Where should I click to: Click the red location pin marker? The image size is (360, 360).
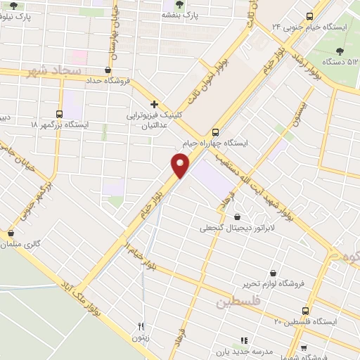coord(181,166)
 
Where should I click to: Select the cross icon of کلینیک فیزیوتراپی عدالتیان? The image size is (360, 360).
coord(154,103)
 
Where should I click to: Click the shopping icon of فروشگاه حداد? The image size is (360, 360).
coord(107,70)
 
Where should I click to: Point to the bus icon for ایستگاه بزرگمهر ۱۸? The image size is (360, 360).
coord(60,113)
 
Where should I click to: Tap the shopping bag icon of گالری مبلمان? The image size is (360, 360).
coord(11,233)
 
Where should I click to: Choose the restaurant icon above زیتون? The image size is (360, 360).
coord(140,326)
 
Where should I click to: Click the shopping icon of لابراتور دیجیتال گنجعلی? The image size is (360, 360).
coord(237,217)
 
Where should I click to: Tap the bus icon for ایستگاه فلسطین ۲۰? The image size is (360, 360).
coord(305,310)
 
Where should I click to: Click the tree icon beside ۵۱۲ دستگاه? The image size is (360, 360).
coord(341,51)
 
